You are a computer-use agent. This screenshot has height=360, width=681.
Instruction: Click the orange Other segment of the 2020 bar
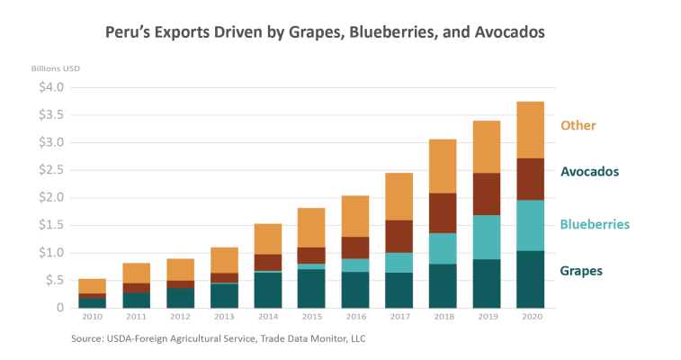tap(530, 130)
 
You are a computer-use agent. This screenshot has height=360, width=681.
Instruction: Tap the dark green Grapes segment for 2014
tap(267, 289)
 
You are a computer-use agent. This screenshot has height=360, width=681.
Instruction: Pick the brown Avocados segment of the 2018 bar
tap(442, 213)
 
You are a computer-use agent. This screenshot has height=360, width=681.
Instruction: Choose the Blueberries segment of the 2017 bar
tap(398, 263)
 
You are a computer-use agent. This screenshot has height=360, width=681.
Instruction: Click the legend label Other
tap(578, 125)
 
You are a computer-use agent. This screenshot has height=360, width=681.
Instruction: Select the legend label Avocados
tap(590, 171)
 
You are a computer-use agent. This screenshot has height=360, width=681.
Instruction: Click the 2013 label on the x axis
tap(223, 317)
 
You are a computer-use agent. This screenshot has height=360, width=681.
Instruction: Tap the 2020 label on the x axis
tap(530, 317)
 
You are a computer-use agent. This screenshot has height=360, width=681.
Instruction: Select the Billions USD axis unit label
tap(56, 68)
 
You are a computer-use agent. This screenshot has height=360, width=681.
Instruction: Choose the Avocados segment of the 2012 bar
tap(179, 284)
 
